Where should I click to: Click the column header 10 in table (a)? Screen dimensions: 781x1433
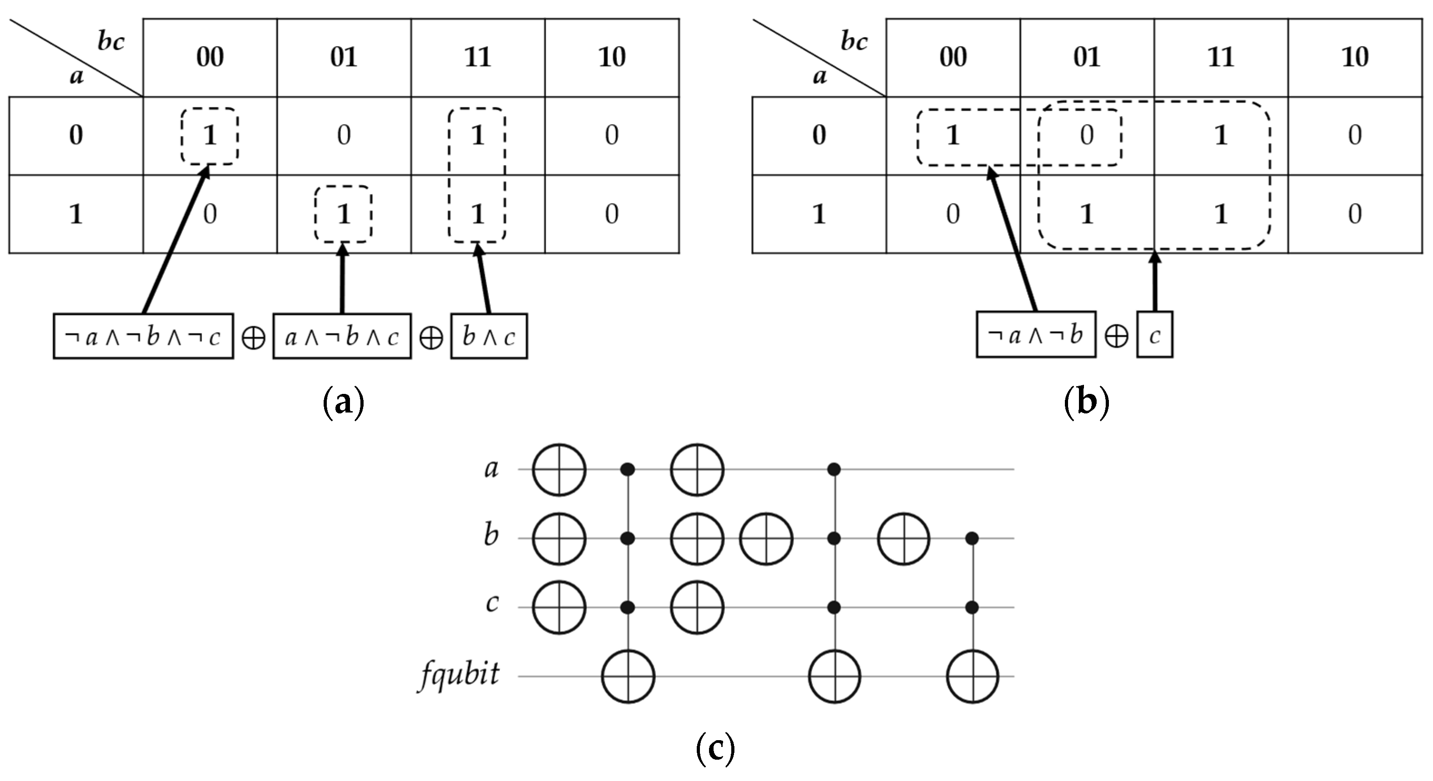point(611,57)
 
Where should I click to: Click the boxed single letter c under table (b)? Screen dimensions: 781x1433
point(1154,335)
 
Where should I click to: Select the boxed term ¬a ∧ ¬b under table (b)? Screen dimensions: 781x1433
point(1036,335)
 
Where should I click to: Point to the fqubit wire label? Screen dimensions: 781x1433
point(459,675)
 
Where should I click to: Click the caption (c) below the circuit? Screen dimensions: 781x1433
point(715,749)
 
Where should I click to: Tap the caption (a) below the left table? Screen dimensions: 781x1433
point(343,402)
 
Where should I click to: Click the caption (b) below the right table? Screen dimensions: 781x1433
point(1086,402)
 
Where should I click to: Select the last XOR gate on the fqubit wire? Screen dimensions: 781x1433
point(972,677)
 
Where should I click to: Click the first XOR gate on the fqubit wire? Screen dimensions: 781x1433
point(628,677)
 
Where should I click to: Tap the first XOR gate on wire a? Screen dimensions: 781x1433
point(559,470)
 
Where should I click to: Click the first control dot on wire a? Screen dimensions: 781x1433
point(628,470)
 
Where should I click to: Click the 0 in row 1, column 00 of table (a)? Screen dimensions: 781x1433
point(210,214)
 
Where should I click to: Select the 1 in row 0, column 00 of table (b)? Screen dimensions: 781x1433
point(953,135)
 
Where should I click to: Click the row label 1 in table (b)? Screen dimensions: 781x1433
point(819,214)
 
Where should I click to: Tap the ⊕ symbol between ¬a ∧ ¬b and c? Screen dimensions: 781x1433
point(1116,336)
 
